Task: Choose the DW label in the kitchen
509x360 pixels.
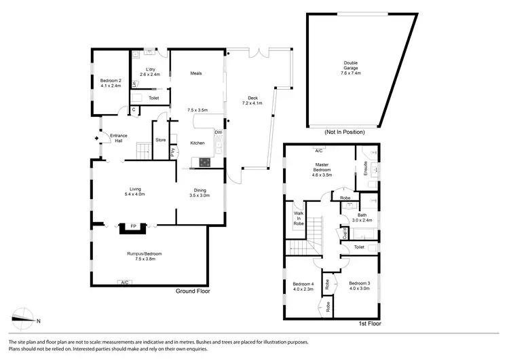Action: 218,132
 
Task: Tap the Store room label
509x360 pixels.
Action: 161,140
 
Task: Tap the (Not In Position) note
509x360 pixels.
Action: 345,131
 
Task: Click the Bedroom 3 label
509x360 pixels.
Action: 359,285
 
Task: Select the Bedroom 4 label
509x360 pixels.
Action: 303,286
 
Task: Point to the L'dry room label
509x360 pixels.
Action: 153,72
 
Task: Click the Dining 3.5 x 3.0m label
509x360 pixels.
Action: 200,192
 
